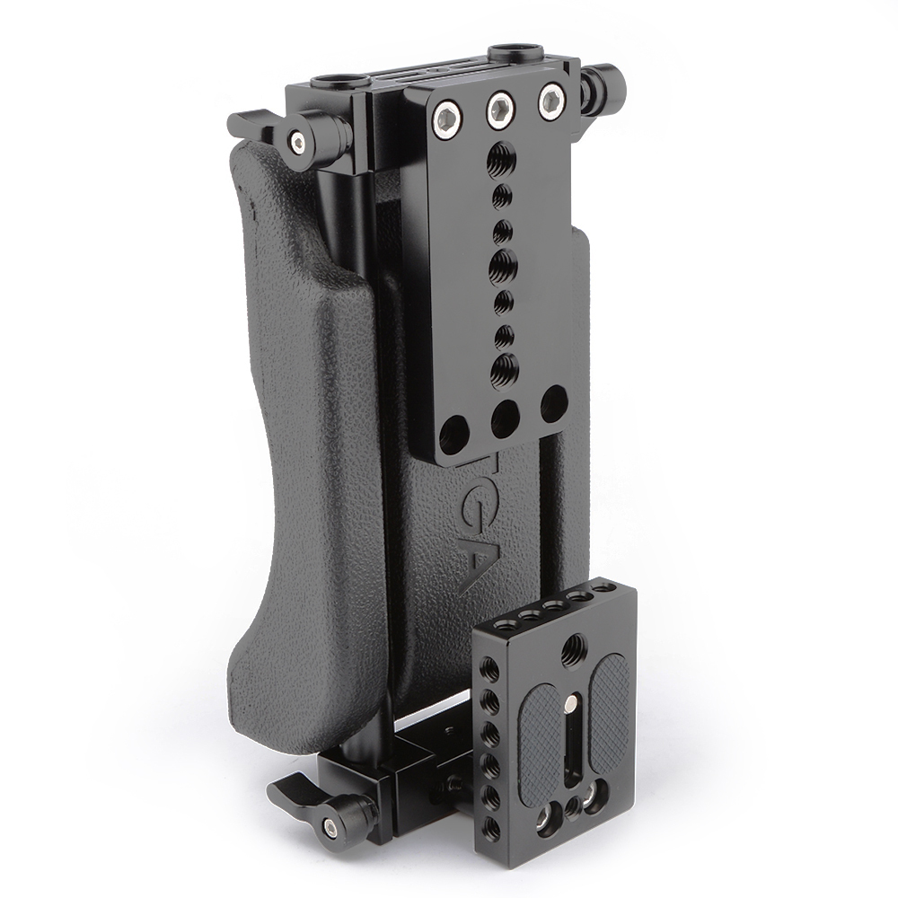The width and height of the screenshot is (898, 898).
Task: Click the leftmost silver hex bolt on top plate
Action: click(446, 117)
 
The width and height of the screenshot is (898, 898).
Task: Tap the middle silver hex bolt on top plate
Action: click(498, 108)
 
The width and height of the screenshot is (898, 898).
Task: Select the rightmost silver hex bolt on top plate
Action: click(549, 99)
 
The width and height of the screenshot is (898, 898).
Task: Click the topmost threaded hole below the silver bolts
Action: click(500, 162)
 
